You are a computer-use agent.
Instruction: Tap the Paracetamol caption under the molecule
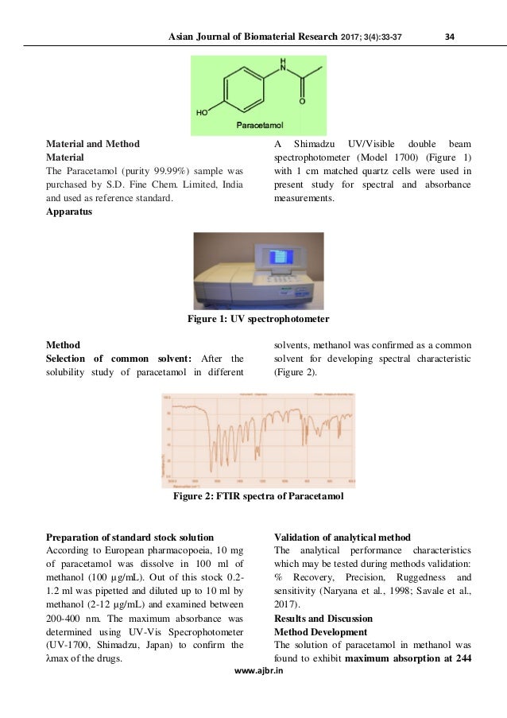[x=261, y=126]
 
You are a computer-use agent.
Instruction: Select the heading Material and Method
[x=93, y=144]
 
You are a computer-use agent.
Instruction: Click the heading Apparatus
[x=70, y=212]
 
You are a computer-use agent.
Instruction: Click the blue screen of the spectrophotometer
[x=279, y=256]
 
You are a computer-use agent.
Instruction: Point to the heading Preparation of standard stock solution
[x=130, y=536]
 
